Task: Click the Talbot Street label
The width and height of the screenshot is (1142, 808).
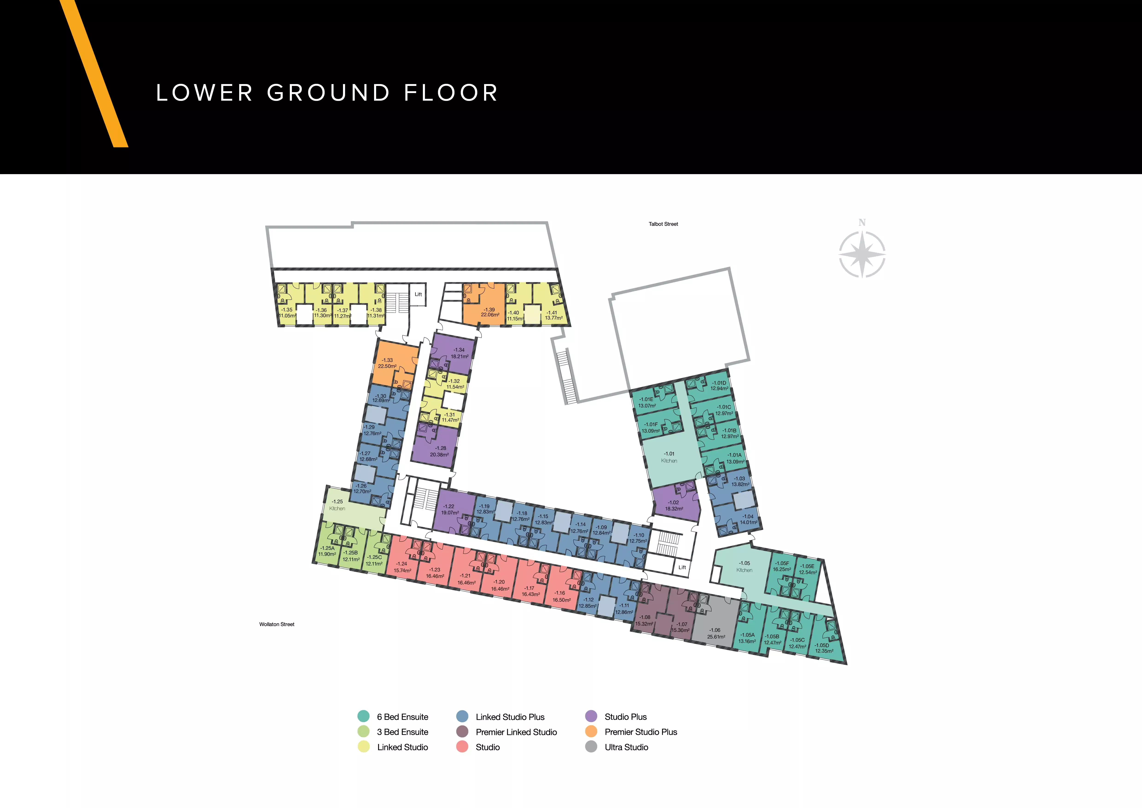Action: click(x=663, y=224)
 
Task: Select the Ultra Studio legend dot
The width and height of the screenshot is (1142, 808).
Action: click(x=591, y=747)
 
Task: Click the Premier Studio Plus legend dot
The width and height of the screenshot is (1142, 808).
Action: click(x=591, y=731)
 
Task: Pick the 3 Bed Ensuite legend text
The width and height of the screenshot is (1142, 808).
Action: click(x=402, y=732)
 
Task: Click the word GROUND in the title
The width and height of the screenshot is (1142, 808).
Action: click(x=328, y=93)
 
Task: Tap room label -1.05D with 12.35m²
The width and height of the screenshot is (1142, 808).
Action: click(x=824, y=648)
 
